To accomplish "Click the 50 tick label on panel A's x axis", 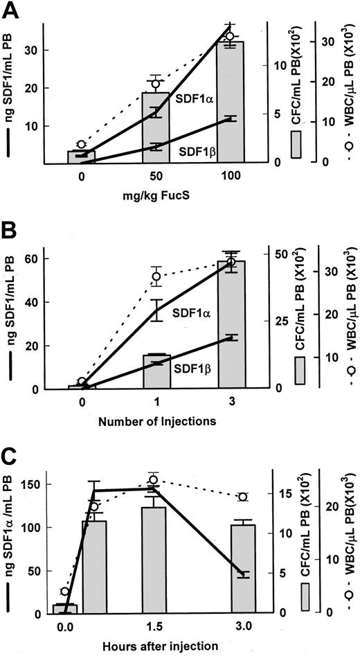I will click(x=156, y=177).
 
